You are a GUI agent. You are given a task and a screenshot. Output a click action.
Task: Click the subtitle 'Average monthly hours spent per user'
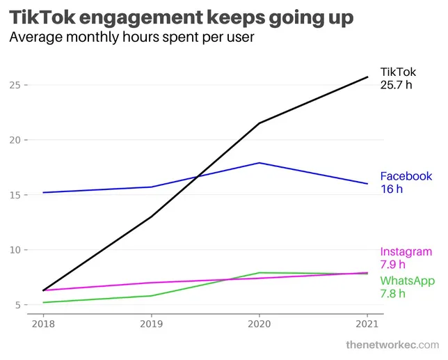point(131,38)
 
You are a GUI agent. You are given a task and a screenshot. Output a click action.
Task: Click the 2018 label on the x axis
point(43,324)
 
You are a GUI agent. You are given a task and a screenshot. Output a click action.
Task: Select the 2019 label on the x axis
point(151,324)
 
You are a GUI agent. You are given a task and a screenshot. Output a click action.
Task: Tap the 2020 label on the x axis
point(259,324)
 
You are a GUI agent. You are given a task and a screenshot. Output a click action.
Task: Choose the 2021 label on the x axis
point(367,324)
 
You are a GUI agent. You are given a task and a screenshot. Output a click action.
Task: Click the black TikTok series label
point(399,71)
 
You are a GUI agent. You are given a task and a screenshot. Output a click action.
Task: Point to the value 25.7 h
point(397,85)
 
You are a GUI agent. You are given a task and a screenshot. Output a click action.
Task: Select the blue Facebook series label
point(406,176)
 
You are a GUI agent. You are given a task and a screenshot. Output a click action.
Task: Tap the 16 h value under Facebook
point(392,189)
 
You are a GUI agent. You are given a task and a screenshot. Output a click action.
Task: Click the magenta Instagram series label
point(406,252)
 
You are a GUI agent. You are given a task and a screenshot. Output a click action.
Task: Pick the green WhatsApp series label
point(408,281)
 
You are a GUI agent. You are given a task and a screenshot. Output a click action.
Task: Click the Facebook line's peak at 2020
point(259,163)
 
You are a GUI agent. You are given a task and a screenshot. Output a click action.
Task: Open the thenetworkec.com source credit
point(392,345)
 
